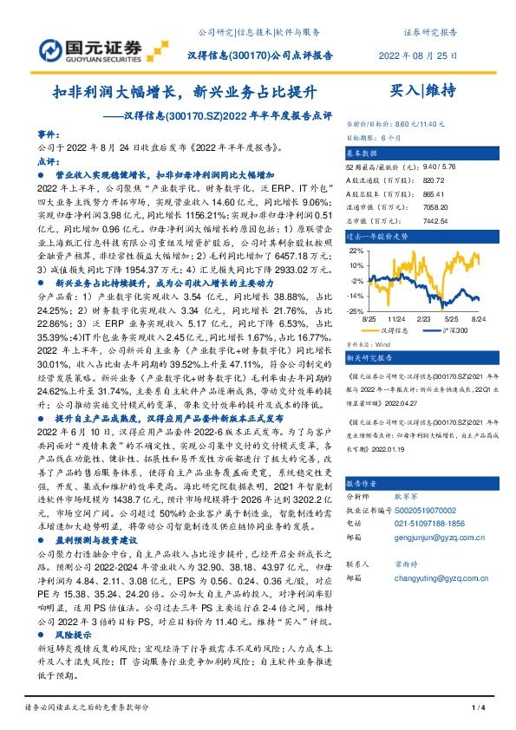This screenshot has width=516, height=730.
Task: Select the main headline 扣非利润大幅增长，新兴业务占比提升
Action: (x=186, y=90)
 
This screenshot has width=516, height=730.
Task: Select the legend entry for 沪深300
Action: (x=456, y=330)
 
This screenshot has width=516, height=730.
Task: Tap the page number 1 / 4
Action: (x=477, y=709)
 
